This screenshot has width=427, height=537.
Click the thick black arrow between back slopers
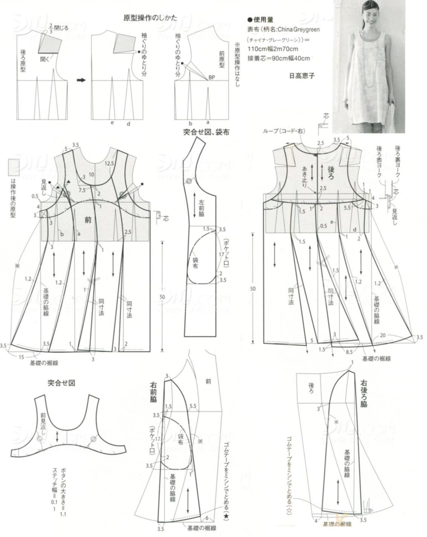point(81,80)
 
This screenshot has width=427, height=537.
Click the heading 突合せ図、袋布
point(206,132)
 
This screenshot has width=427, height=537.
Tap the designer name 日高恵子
point(301,76)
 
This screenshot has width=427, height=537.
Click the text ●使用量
point(260,20)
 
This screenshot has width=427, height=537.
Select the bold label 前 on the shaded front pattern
point(88,220)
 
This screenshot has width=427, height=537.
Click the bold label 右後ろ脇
point(363,393)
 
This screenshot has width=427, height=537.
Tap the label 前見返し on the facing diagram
point(44,424)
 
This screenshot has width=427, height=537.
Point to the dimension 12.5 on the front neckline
point(110,163)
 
